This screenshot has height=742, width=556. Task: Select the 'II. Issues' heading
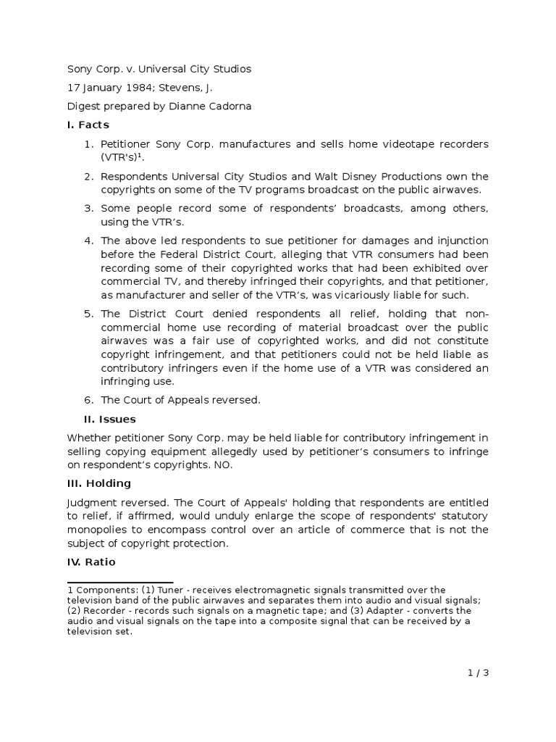tap(110, 419)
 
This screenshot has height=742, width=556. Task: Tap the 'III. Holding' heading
tap(98, 483)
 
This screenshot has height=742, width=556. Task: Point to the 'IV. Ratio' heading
tap(90, 562)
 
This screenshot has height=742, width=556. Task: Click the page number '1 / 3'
tap(479, 672)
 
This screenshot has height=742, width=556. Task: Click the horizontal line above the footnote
tap(120, 582)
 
